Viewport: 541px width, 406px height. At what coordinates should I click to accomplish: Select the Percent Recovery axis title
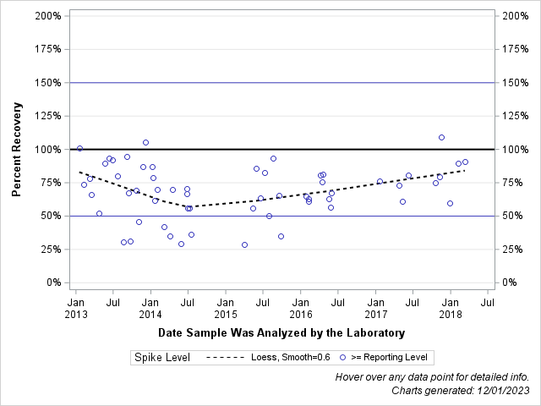click(16, 150)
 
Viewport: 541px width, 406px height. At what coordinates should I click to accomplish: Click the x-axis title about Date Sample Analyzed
click(281, 332)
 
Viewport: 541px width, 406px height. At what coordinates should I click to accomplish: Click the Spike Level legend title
click(161, 358)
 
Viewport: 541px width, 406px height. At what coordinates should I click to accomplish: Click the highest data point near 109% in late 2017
click(441, 137)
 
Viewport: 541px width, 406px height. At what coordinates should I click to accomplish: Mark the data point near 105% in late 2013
click(145, 142)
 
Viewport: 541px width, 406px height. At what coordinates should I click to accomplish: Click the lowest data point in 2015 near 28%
click(244, 244)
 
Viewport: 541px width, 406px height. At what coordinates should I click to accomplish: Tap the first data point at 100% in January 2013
click(79, 148)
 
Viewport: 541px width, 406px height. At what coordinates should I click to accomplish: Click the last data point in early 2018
click(465, 162)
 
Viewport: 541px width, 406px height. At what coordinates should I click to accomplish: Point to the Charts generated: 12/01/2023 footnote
click(460, 391)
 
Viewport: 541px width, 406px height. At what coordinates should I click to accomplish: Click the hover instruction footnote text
click(432, 377)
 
